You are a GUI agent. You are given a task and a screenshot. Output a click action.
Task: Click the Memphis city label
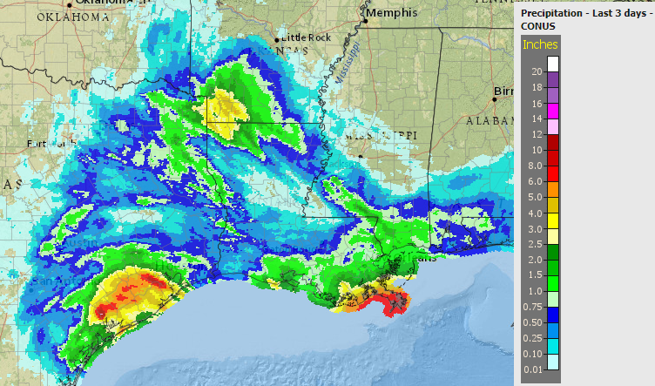point(393,14)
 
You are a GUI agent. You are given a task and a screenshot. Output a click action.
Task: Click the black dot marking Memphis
point(366,21)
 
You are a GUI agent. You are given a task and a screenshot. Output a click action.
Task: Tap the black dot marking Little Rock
point(277,40)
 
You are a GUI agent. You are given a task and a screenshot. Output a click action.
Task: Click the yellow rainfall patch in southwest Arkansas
point(225,109)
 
